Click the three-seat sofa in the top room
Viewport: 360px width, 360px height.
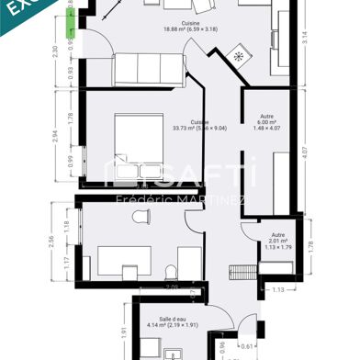(149, 69)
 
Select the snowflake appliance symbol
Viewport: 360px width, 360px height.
(241, 54)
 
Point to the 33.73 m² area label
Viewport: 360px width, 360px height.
(198, 125)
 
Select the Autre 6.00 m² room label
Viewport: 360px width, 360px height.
(265, 122)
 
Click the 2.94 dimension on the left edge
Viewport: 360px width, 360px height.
(54, 138)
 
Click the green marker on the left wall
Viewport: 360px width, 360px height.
(73, 16)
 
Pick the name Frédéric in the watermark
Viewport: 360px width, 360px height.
(138, 198)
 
